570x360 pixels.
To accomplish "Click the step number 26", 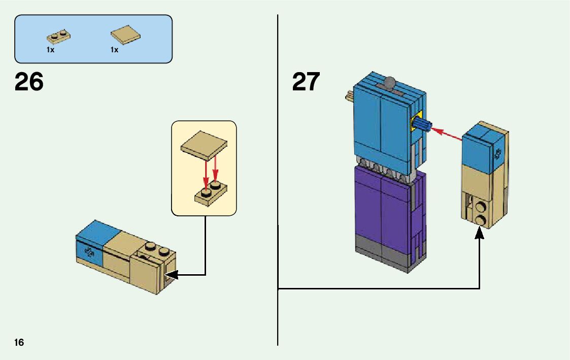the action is pyautogui.click(x=29, y=82).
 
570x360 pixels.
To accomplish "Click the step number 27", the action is pyautogui.click(x=306, y=82).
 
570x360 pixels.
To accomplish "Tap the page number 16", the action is pyautogui.click(x=19, y=342).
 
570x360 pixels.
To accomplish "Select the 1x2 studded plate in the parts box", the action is pyautogui.click(x=59, y=37).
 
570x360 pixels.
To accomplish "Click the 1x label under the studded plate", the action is pyautogui.click(x=50, y=50).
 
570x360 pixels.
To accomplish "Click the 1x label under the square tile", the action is pyautogui.click(x=114, y=50).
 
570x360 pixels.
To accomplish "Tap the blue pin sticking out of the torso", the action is pyautogui.click(x=422, y=124).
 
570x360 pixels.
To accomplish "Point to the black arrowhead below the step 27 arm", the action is pyautogui.click(x=479, y=233).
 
